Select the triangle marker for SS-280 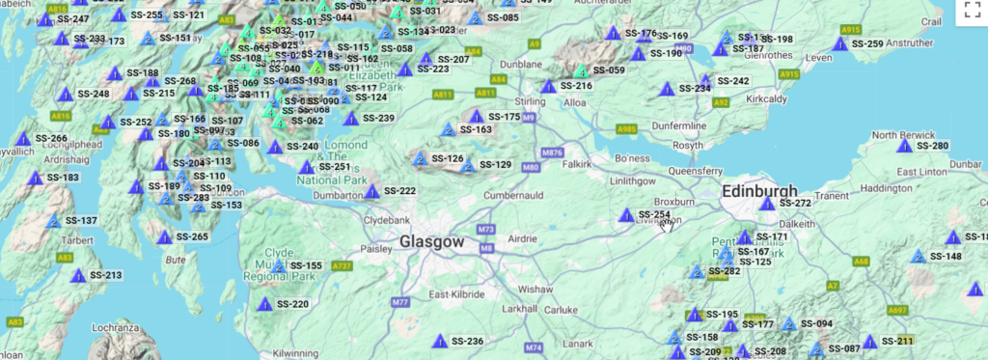(904, 147)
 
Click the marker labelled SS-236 (440, 341)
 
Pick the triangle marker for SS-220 (264, 304)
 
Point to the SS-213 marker (78, 275)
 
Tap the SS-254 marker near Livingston (627, 214)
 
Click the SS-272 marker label (796, 204)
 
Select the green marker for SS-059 (581, 70)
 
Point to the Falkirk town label (577, 164)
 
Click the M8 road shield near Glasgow (486, 248)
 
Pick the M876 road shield (552, 152)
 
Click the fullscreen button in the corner (972, 11)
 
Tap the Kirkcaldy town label (771, 98)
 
